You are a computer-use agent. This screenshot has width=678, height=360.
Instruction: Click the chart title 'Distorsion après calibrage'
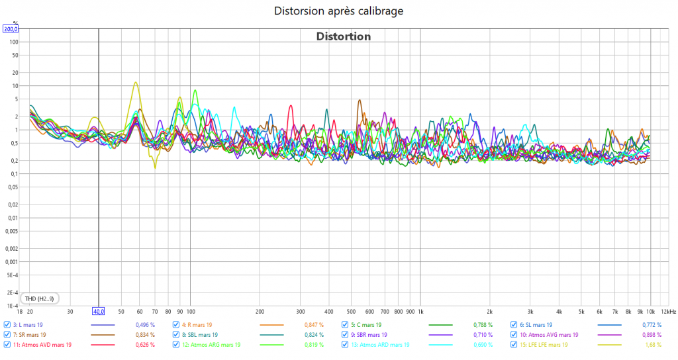tap(338, 11)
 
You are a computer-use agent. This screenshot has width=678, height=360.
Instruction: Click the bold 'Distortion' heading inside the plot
tap(343, 36)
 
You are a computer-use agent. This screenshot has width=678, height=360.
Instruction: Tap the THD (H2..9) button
tap(40, 298)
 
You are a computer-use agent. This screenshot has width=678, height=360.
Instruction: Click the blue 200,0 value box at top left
tap(11, 29)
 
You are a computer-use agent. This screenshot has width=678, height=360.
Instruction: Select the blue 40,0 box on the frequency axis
tap(99, 311)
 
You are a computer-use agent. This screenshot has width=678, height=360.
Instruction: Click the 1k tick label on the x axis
tap(420, 311)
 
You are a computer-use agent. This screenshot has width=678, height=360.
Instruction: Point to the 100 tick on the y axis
tap(13, 42)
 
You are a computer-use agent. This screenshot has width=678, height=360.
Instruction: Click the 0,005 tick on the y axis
tap(11, 231)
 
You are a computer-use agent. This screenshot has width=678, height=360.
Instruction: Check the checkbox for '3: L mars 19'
tap(7, 325)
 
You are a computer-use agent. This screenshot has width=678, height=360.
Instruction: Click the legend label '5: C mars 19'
tap(365, 325)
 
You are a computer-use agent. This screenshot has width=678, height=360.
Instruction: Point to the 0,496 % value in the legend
tap(144, 325)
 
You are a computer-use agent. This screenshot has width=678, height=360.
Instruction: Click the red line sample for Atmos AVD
tap(103, 345)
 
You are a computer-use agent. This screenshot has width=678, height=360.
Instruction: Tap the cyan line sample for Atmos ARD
tap(440, 345)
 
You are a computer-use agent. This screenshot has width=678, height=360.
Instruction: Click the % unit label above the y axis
tap(15, 23)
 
